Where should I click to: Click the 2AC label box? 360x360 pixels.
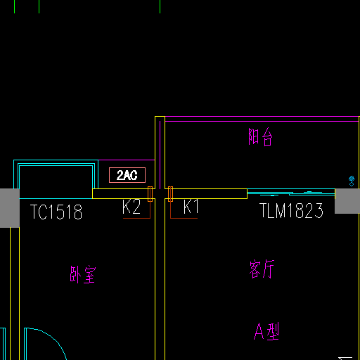[127, 175]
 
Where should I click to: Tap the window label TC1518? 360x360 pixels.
[56, 212]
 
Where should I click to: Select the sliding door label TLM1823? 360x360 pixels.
[291, 210]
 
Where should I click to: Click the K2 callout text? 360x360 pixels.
[131, 207]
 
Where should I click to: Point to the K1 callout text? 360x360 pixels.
[191, 207]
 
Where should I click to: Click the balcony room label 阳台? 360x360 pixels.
[260, 137]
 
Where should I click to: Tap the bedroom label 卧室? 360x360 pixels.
[83, 274]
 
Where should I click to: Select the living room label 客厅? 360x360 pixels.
[262, 269]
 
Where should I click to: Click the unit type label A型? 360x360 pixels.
[266, 331]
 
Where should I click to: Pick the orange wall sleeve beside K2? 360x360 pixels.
[150, 194]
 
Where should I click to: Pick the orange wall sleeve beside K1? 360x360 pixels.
[170, 194]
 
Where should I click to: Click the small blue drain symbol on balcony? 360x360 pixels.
[352, 181]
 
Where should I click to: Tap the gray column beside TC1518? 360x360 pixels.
[10, 208]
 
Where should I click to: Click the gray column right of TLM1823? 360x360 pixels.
[347, 201]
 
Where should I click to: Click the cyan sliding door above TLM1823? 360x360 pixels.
[291, 192]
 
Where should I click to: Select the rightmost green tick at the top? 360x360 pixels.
[160, 6]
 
